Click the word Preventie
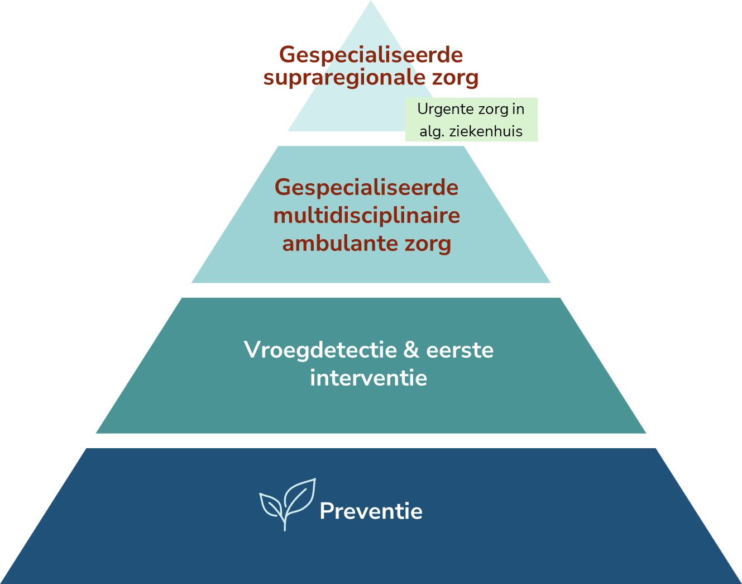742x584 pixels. [x=371, y=511]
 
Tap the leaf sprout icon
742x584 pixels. [x=287, y=505]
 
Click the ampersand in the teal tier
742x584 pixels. [x=411, y=350]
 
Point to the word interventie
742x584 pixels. [x=368, y=378]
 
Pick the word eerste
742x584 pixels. [x=460, y=350]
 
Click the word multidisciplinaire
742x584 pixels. [x=366, y=216]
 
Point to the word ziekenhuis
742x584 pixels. [x=486, y=131]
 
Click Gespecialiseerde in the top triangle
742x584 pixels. [x=371, y=55]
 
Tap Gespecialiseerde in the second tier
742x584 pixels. [x=366, y=188]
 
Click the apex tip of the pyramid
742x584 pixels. [x=371, y=1]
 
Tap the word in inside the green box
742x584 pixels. [x=518, y=109]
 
